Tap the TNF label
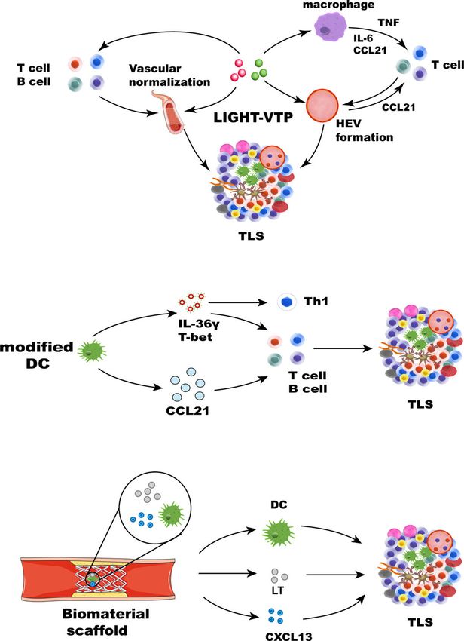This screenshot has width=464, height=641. point(389,23)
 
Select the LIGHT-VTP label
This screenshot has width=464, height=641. point(253,118)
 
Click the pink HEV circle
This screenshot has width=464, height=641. point(322,104)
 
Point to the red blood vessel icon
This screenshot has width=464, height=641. point(167,113)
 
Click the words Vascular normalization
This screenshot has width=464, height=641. point(169,75)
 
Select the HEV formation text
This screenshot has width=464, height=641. point(365,130)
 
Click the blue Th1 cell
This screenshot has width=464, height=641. point(288,302)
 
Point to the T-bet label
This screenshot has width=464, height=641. point(192,337)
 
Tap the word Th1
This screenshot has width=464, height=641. point(316,302)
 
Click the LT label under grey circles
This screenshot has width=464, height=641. point(277,590)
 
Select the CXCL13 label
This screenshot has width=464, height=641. point(288,636)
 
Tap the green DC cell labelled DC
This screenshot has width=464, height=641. point(278,532)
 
